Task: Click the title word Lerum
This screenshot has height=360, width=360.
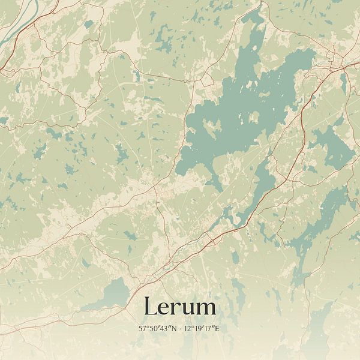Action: tap(179, 307)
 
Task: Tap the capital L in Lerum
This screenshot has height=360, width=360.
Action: tap(150, 307)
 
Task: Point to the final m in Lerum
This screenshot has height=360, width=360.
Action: tap(205, 308)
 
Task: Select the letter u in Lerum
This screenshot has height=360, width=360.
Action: tap(188, 308)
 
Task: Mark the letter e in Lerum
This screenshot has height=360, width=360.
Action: tap(164, 308)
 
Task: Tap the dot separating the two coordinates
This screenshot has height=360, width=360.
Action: tap(179, 329)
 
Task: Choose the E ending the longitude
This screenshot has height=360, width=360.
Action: tap(218, 329)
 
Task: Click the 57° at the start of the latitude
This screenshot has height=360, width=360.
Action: tap(143, 329)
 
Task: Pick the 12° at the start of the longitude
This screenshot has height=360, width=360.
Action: tap(189, 329)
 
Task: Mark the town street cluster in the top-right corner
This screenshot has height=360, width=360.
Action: tap(336, 60)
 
